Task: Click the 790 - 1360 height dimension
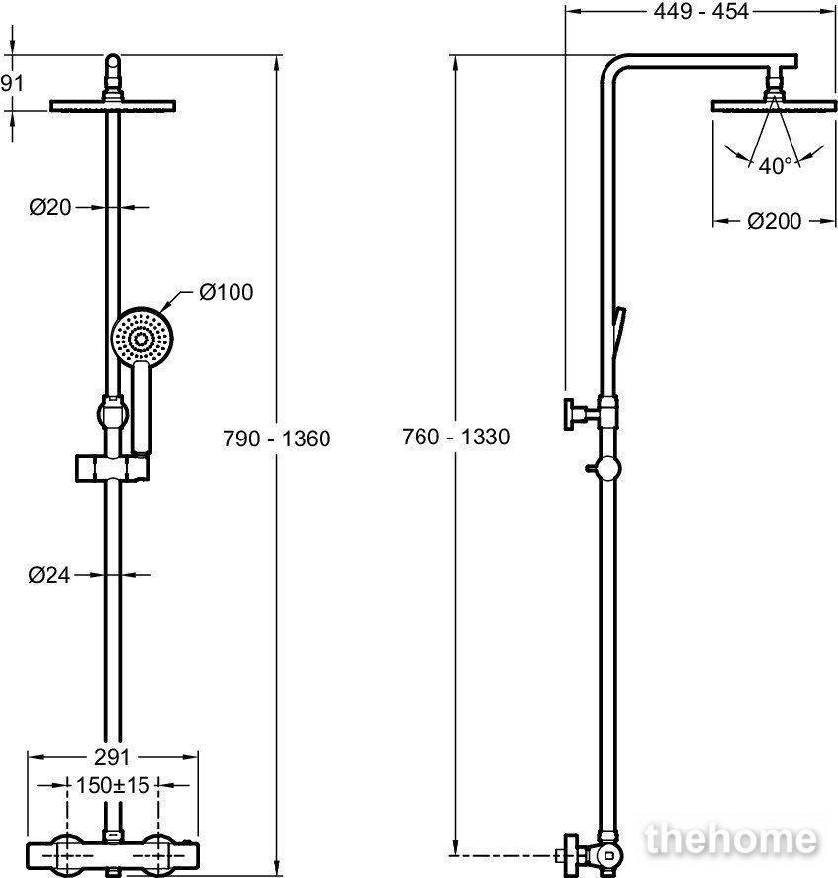click(277, 439)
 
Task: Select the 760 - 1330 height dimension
click(456, 437)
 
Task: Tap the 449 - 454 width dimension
click(700, 11)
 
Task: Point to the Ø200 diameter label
click(774, 221)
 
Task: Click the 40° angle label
click(776, 165)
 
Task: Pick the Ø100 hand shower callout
click(227, 292)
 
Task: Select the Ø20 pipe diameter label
click(50, 207)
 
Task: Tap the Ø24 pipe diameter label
click(49, 575)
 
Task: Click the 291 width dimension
click(112, 757)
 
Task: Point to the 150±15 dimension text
click(113, 785)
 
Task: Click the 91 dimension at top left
click(12, 83)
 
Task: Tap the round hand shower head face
click(142, 338)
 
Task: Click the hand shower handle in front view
click(141, 409)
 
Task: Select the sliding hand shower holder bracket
click(112, 468)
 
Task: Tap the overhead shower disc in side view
click(774, 106)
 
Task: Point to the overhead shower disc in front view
click(113, 106)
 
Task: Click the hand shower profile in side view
click(618, 331)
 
